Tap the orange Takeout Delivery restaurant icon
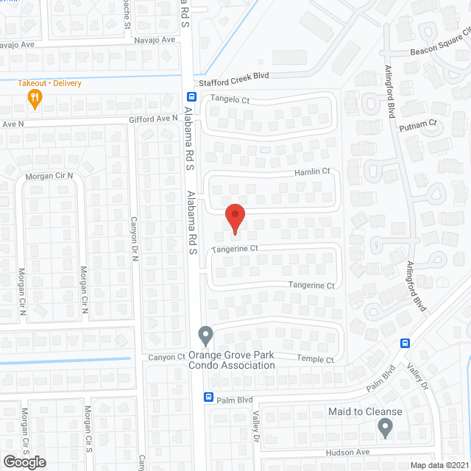[x=33, y=96]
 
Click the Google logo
[x=24, y=461]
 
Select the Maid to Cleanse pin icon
[x=384, y=428]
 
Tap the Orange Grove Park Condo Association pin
[x=206, y=336]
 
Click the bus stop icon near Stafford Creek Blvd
[x=191, y=96]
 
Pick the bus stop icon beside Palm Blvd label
[x=209, y=398]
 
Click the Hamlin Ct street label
[x=313, y=171]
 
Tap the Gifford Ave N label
[x=152, y=118]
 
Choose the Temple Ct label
[x=315, y=360]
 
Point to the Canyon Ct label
[x=166, y=357]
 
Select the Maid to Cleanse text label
[x=366, y=412]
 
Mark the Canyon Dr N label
[x=135, y=235]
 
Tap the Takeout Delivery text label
[x=50, y=83]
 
